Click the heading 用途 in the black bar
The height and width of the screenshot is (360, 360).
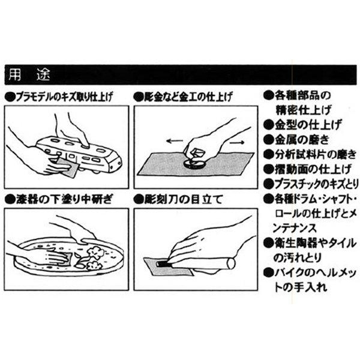29,75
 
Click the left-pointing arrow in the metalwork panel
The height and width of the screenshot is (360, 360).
175,141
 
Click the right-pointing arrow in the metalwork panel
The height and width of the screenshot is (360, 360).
237,143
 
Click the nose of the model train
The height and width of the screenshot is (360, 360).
116,165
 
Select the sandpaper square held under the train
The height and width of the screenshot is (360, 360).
68,167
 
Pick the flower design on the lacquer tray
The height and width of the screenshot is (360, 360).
94,258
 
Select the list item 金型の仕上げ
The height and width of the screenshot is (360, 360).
307,125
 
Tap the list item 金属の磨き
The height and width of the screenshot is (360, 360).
302,140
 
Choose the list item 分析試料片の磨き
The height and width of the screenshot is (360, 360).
316,154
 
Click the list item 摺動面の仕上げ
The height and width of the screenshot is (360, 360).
313,169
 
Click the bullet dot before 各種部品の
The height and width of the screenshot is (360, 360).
268,95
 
